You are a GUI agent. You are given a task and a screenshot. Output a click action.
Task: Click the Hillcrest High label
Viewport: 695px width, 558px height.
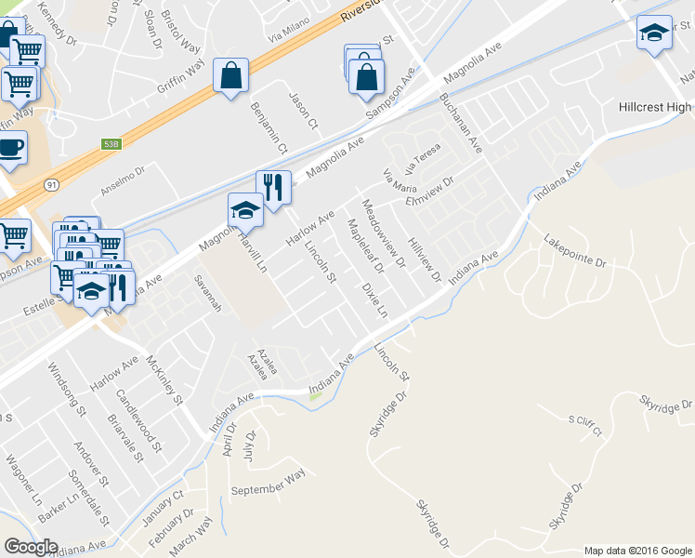656,107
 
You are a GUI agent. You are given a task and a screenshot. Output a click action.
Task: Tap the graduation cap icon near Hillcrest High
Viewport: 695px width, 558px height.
654,33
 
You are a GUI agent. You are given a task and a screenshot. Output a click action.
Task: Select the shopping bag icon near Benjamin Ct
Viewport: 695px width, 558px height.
230,75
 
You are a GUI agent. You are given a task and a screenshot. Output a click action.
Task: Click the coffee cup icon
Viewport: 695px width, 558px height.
10,147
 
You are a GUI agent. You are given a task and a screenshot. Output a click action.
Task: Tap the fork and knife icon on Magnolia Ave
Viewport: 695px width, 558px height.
273,186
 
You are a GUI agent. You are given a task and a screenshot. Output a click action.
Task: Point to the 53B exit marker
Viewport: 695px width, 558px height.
111,144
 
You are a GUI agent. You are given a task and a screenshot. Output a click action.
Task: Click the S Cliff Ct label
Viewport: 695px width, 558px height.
585,426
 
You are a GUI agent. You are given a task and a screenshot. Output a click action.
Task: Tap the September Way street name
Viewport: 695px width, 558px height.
268,483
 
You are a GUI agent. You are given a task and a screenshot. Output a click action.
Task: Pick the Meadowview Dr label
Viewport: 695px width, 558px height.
384,233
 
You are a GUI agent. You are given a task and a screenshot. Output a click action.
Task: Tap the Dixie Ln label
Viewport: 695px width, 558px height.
374,300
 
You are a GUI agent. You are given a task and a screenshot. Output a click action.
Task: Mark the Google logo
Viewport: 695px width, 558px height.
31,547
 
